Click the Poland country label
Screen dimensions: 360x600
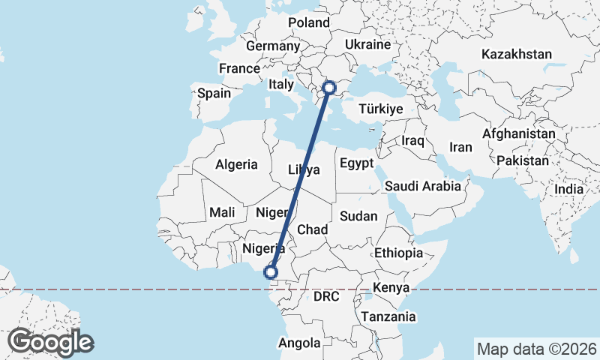coord(309,22)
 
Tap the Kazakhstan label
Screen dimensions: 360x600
coord(517,54)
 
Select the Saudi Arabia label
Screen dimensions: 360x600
coord(422,186)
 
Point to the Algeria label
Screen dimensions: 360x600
coord(236,164)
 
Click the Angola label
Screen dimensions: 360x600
coord(299,343)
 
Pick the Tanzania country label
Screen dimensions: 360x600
coord(388,316)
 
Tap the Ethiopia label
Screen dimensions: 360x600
coord(399,252)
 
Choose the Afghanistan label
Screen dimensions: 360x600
coord(520,133)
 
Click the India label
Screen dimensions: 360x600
coord(569,189)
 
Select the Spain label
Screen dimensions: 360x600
coord(214,94)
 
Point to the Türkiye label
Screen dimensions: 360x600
coord(381,109)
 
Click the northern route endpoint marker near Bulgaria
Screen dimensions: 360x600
coord(328,88)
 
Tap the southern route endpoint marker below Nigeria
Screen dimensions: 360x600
coord(271,272)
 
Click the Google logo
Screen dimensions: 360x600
coord(50,342)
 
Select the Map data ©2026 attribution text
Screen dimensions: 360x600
coord(536,349)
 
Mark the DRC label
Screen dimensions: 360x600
coord(326,296)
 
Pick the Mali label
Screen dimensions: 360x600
coord(223,212)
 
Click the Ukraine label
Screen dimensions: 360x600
coord(367,44)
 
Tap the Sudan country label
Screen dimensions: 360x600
coord(358,216)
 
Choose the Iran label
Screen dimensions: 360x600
coord(460,147)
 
